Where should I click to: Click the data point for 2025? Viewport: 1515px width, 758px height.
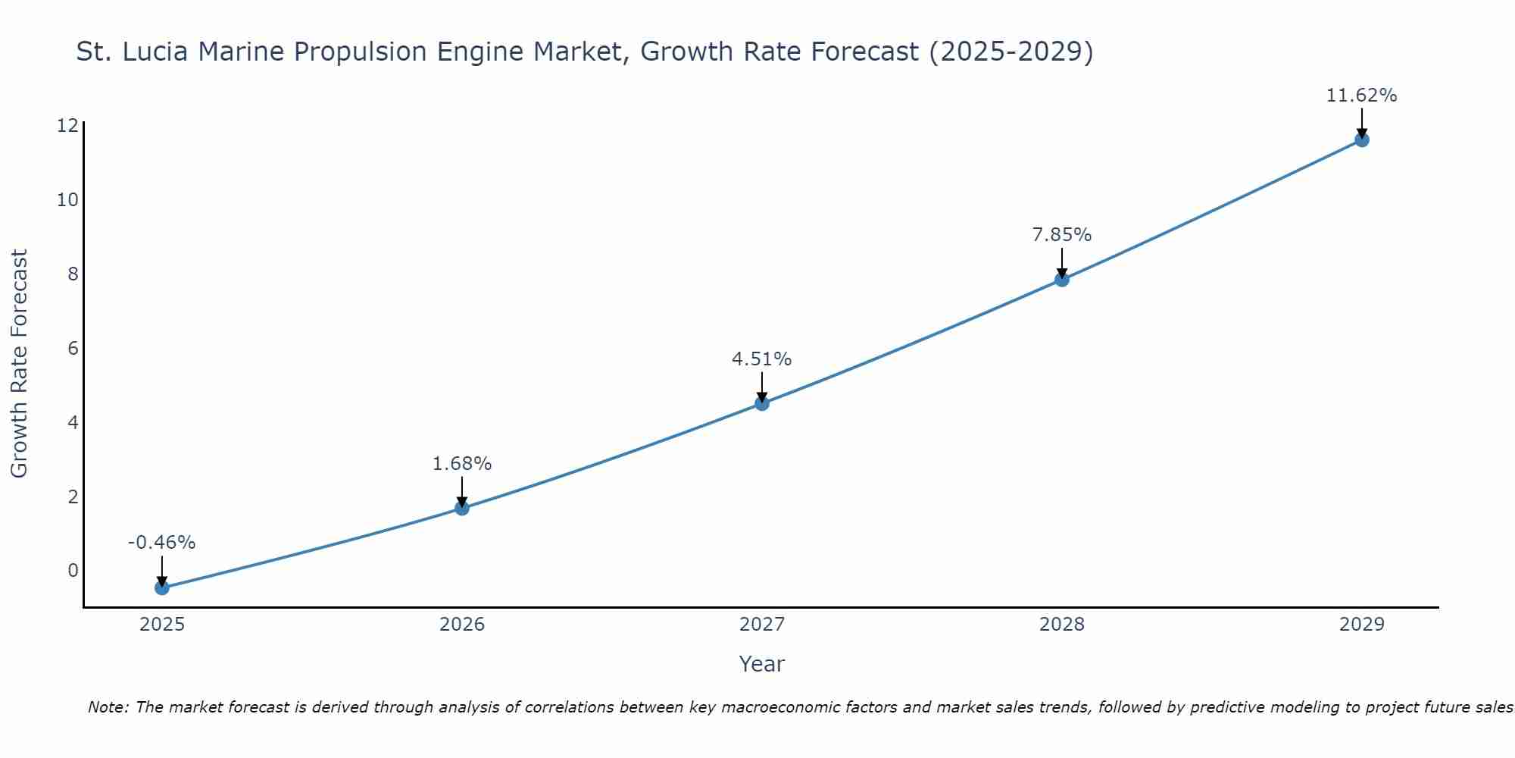162,587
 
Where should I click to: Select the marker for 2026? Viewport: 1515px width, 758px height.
462,508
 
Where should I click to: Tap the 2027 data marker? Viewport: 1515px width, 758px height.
762,403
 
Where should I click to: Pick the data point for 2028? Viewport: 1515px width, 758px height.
1062,279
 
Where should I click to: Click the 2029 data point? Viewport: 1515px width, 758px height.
1362,139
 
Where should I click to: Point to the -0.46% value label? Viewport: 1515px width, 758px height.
162,543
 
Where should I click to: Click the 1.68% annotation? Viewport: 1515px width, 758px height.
462,463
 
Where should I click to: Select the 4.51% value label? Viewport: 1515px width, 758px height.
762,359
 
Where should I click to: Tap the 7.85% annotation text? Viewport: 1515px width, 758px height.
1062,235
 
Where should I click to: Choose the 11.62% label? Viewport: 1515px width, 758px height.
1362,96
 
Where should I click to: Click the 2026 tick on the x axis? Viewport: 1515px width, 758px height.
462,625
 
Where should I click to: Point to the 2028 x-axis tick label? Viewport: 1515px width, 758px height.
1062,625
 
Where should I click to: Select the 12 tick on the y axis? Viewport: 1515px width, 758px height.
68,126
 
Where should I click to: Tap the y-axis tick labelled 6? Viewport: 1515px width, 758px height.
73,349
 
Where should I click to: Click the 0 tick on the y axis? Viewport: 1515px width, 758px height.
73,571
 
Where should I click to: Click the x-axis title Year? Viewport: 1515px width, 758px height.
762,664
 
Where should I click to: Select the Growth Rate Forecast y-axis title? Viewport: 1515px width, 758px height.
20,364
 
